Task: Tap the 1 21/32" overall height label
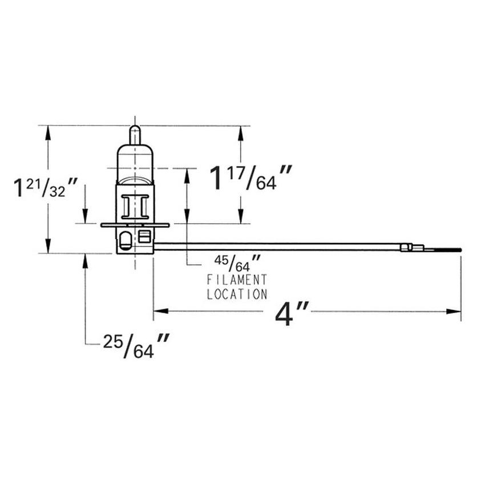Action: pos(46,188)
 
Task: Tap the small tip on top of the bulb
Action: pos(134,135)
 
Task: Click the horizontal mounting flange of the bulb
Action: pos(135,225)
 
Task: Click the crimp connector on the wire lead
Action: pos(412,248)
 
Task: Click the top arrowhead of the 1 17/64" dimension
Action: pos(241,132)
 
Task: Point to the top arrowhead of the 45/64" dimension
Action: pos(188,175)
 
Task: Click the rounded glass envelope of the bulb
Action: pos(135,163)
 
